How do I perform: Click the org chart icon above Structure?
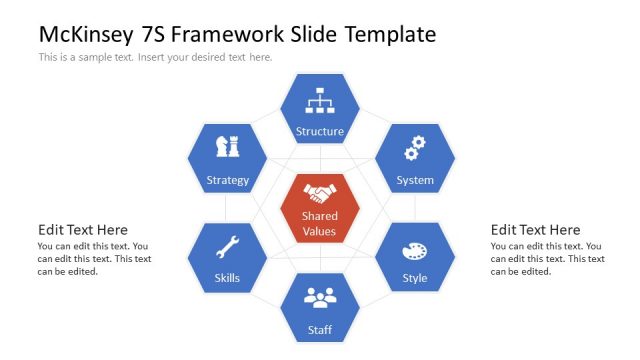click(x=320, y=100)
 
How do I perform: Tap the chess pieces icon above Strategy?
click(x=227, y=147)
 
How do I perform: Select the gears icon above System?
click(x=414, y=148)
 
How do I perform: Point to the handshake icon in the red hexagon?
click(x=320, y=193)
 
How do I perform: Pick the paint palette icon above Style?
click(x=414, y=250)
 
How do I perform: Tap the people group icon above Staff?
click(x=320, y=297)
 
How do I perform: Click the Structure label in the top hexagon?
click(x=320, y=131)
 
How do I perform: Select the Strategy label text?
click(x=227, y=181)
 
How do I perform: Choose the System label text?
click(x=414, y=181)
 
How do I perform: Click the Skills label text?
click(x=227, y=278)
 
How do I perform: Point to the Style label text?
click(x=414, y=278)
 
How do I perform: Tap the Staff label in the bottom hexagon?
click(x=320, y=329)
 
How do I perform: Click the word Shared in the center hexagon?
click(x=320, y=216)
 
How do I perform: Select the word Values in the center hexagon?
click(x=320, y=231)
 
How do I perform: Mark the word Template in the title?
click(x=390, y=34)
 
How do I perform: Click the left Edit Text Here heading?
click(x=83, y=230)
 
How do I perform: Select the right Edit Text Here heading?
click(x=535, y=230)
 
